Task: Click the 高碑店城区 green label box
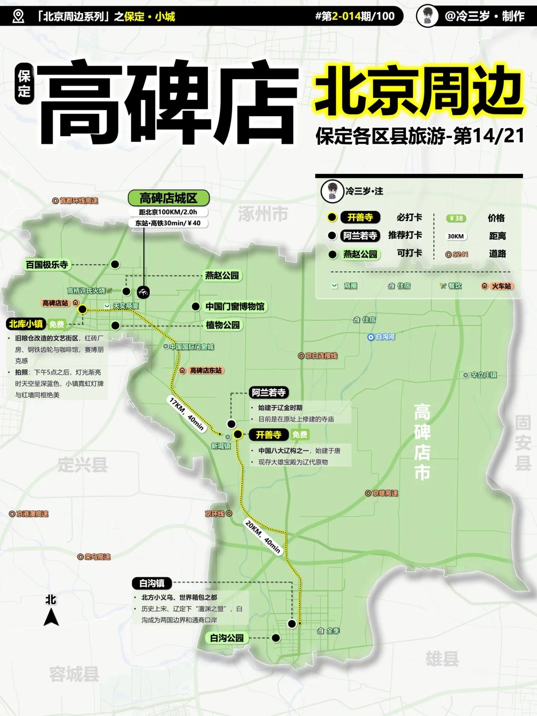[x=169, y=198]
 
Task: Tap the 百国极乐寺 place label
[x=47, y=265]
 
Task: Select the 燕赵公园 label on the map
[x=222, y=275]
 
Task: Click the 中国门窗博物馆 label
[x=235, y=307]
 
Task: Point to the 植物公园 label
[x=223, y=325]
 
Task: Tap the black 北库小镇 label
[x=26, y=324]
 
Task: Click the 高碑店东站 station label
[x=205, y=370]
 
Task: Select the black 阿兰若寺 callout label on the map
[x=268, y=393]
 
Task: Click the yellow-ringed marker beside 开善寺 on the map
[x=238, y=435]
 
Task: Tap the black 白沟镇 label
[x=152, y=583]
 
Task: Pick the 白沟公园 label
[x=227, y=638]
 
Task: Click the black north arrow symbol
[x=51, y=618]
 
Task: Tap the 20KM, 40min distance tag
[x=263, y=537]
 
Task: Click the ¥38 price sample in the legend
[x=456, y=218]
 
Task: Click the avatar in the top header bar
[x=427, y=16]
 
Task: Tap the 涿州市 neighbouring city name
[x=263, y=214]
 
